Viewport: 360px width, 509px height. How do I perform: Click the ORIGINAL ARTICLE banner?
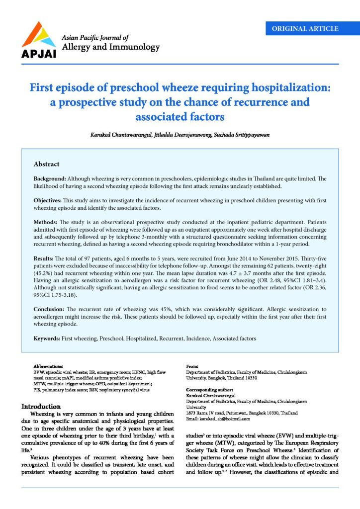[305, 28]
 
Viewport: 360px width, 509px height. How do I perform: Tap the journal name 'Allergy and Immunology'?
[110, 47]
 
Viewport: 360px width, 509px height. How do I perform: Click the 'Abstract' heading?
[46, 164]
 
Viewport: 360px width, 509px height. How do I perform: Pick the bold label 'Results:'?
[45, 254]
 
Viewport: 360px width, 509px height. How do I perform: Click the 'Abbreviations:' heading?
[49, 365]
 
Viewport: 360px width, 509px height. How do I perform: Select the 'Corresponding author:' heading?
[208, 390]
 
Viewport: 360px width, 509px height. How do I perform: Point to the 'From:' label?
[192, 365]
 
